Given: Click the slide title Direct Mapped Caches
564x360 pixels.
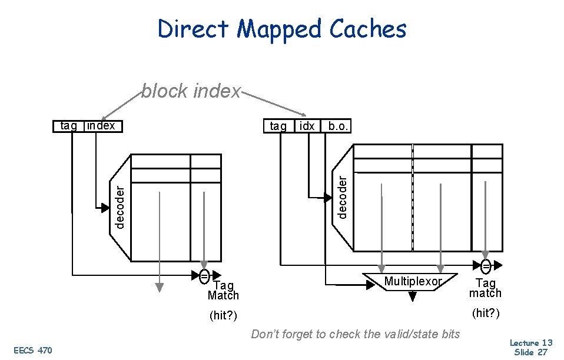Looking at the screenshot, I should [282, 29].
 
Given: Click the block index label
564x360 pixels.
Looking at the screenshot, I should [191, 91].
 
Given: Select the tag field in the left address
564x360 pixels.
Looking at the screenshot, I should [69, 126].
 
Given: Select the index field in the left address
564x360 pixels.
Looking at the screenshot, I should [101, 126].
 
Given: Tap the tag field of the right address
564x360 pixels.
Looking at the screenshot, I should [278, 126].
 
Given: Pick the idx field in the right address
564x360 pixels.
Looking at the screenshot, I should [307, 126].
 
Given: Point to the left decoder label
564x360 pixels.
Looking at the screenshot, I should [120, 206].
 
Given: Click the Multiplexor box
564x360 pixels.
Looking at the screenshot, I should [412, 282].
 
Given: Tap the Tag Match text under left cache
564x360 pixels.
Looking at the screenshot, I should [223, 291].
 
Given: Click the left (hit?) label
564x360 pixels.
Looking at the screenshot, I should [223, 316].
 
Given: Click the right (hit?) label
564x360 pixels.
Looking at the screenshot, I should [485, 313].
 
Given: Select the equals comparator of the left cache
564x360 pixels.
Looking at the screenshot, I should [204, 275].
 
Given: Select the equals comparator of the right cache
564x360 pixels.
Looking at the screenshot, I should [486, 264].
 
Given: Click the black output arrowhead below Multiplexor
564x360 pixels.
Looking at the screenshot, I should [412, 298].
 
